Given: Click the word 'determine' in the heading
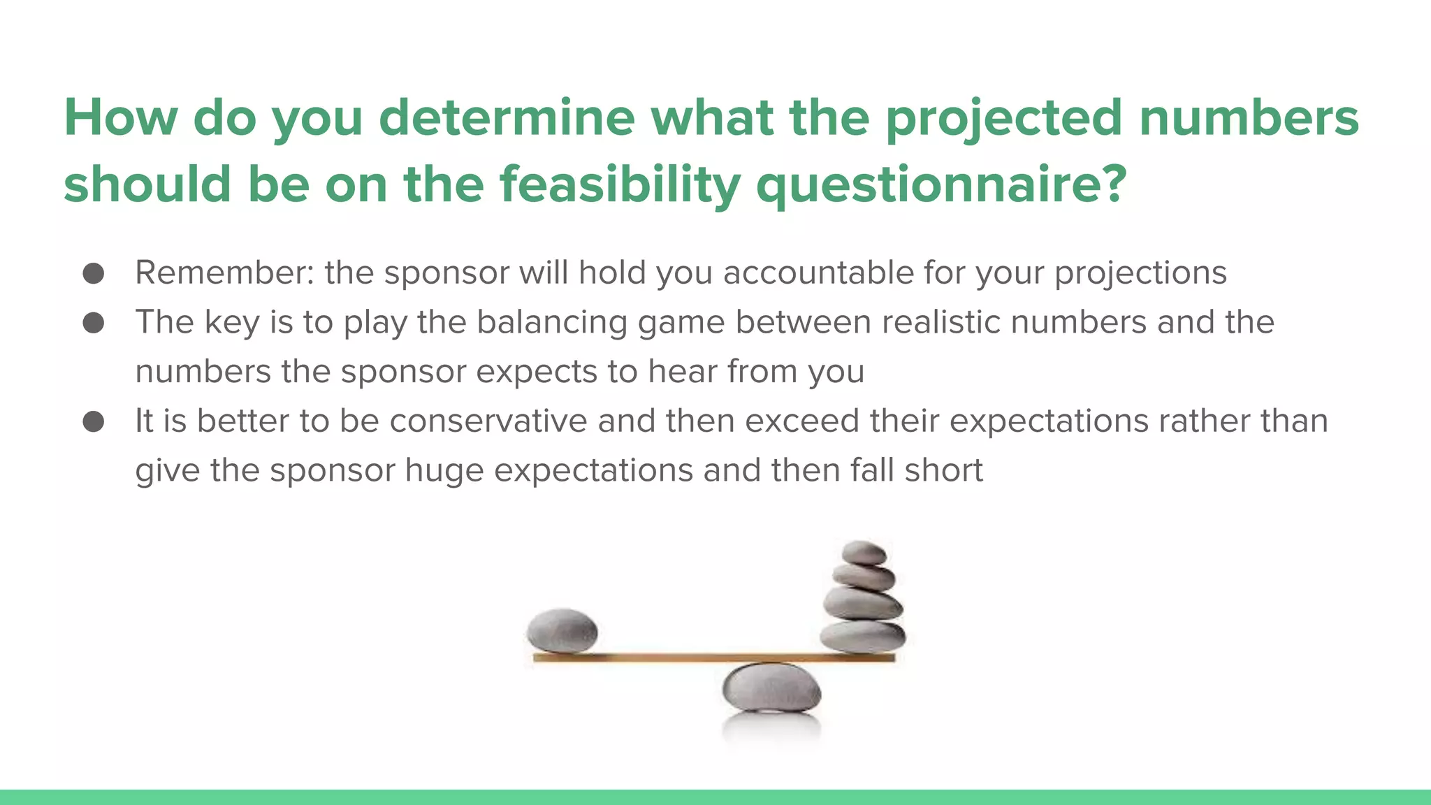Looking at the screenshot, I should [507, 117].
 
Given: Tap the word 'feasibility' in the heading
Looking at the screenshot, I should [620, 184].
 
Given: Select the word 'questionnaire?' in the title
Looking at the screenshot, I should [941, 184].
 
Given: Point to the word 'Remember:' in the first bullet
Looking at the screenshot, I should [224, 273].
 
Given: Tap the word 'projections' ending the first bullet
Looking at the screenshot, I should [1140, 273].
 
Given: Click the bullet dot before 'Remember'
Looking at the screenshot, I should [94, 273].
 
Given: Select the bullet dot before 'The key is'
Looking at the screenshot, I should [94, 323].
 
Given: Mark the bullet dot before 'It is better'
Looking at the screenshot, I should [94, 421].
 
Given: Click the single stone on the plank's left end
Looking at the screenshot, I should [562, 630].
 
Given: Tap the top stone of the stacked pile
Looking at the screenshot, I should [864, 552].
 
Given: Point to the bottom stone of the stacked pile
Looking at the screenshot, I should [862, 636].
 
